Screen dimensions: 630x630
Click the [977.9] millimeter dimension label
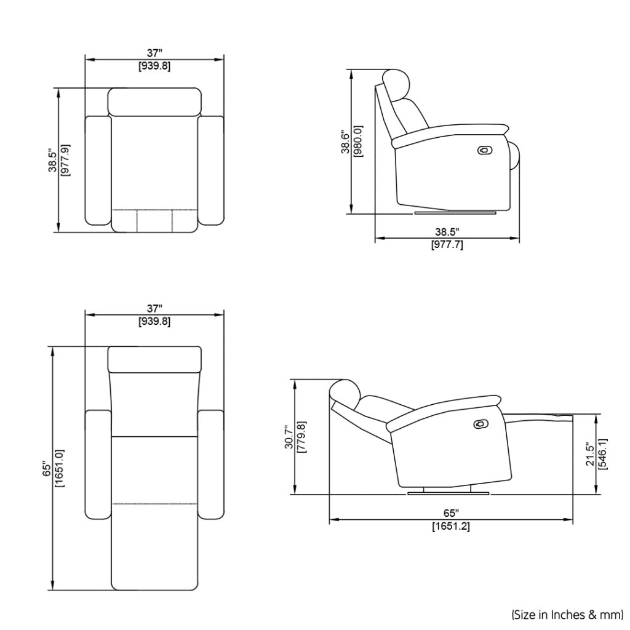pyautogui.click(x=65, y=160)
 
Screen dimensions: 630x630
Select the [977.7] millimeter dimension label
pyautogui.click(x=447, y=245)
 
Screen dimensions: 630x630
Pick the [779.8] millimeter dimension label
pyautogui.click(x=301, y=437)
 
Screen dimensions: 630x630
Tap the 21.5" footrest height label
pyautogui.click(x=590, y=454)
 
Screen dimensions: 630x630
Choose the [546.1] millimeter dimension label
pyautogui.click(x=603, y=454)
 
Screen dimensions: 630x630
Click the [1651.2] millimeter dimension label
pyautogui.click(x=451, y=527)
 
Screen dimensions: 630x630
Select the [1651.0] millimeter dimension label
pyautogui.click(x=60, y=468)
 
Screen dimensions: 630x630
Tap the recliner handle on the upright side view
pyautogui.click(x=485, y=150)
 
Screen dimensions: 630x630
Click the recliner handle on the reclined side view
pyautogui.click(x=480, y=424)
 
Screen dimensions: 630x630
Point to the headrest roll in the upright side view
pyautogui.click(x=396, y=82)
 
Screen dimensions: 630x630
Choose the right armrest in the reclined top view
pyautogui.click(x=211, y=465)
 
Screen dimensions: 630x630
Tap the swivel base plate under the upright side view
pyautogui.click(x=455, y=213)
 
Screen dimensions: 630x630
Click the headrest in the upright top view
pyautogui.click(x=155, y=102)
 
